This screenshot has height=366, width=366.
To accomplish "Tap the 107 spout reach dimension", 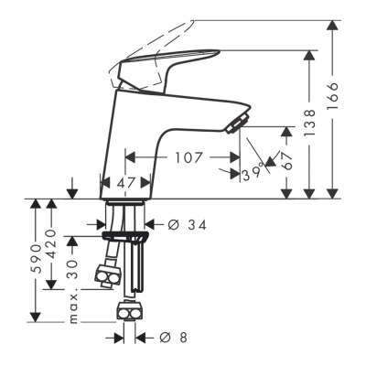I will click(x=189, y=156).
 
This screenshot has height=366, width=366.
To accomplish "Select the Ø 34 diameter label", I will click(x=179, y=222).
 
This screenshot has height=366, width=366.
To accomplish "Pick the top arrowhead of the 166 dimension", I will click(x=328, y=25).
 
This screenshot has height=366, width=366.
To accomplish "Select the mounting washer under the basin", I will click(x=124, y=235).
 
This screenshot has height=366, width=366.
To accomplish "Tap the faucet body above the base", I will click(x=137, y=137).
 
